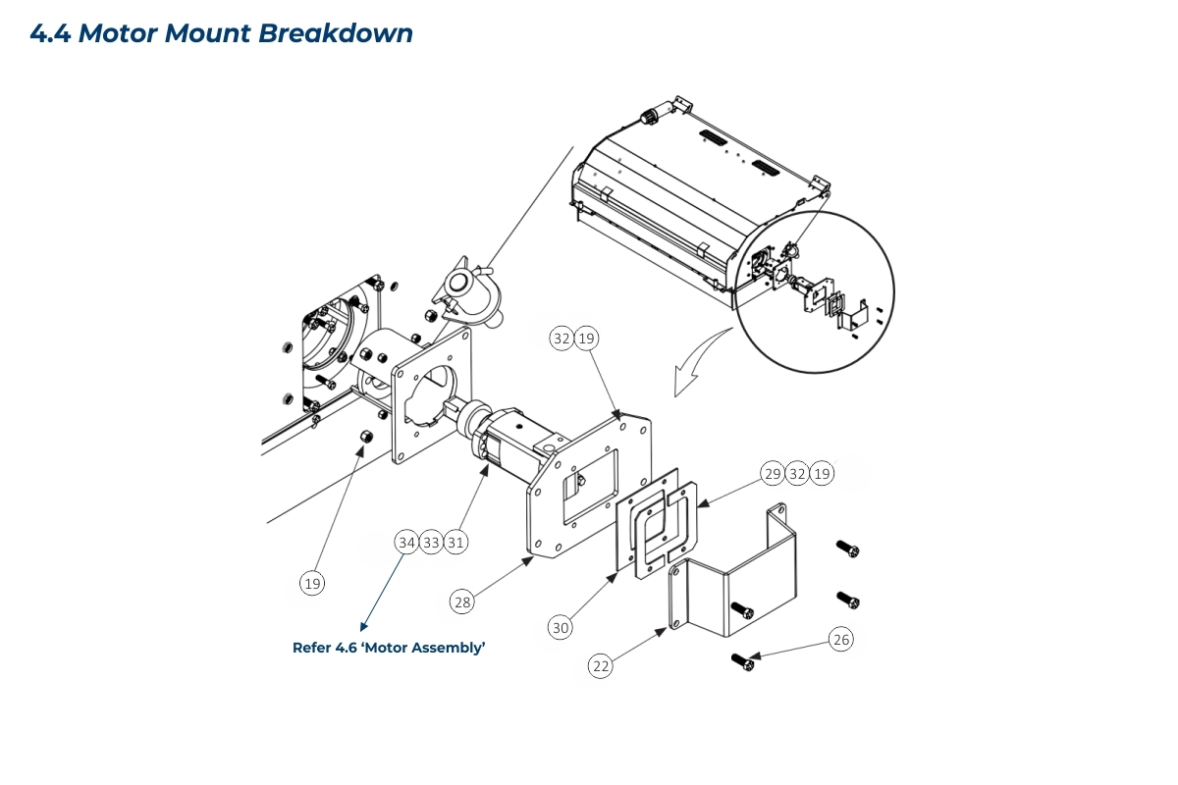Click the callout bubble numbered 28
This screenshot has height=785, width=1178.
[461, 602]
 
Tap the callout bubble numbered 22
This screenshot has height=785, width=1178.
[601, 665]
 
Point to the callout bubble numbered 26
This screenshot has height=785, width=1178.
[840, 640]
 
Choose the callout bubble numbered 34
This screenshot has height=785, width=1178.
[406, 542]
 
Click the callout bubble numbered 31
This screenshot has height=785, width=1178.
[455, 542]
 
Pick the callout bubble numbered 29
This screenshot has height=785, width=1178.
[773, 474]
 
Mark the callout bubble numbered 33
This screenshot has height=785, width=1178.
[431, 542]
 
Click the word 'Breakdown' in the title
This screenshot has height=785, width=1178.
[335, 33]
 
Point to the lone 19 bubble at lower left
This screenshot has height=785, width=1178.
[312, 584]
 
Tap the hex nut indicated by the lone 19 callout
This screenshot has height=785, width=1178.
[362, 437]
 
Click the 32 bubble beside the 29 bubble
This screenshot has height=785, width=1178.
[797, 474]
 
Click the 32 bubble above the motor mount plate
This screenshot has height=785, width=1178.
[562, 339]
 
